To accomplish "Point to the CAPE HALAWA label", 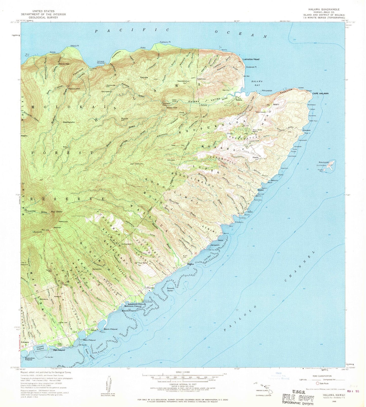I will [x=320, y=94].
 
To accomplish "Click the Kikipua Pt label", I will [x=74, y=46].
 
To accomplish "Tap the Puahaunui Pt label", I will [x=165, y=42].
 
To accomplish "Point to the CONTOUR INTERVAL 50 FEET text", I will [x=183, y=384].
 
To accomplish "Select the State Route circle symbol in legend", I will [x=318, y=383].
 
